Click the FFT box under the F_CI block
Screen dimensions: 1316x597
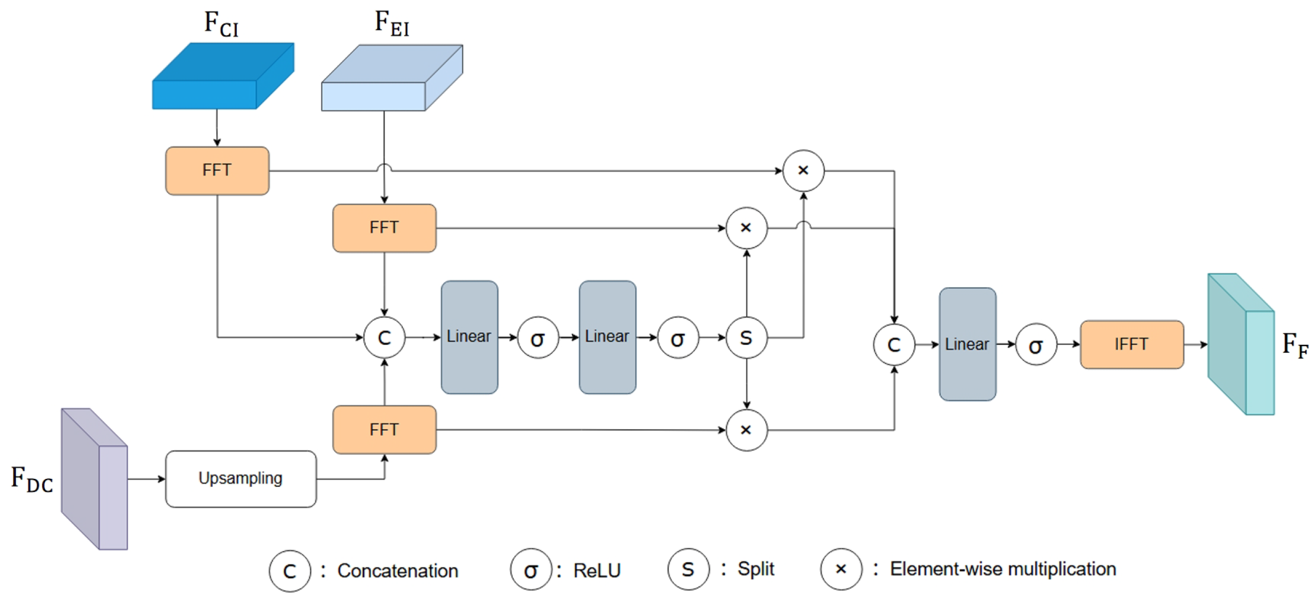217,171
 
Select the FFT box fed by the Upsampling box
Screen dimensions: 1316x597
384,429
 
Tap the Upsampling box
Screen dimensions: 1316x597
241,478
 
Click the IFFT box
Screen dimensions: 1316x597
1131,344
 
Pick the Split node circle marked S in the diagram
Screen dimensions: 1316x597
747,338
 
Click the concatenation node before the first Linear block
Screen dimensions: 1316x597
384,338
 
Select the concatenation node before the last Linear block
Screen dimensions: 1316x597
894,345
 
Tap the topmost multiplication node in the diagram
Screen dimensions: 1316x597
803,171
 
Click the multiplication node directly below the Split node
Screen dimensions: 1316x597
747,430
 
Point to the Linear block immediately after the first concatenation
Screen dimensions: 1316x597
469,337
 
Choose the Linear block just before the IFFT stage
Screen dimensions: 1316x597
968,344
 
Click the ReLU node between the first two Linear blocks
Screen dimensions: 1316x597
537,338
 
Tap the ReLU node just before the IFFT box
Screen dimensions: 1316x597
1036,345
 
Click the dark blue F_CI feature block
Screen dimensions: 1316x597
223,76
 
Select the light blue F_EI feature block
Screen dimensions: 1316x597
392,78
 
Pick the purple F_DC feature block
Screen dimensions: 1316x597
95,478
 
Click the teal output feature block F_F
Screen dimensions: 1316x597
1241,344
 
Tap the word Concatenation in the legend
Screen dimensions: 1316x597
397,571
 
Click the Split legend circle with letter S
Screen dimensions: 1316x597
688,569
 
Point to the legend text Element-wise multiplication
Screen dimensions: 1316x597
1003,569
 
